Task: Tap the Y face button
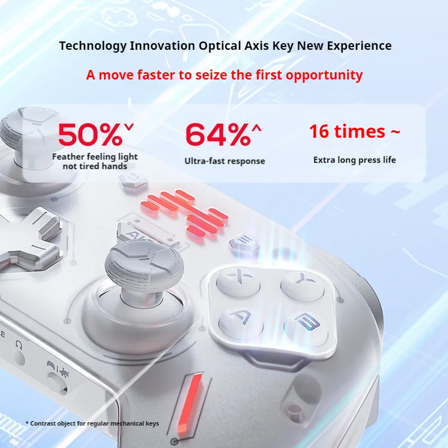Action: pyautogui.click(x=302, y=284)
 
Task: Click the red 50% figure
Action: pyautogui.click(x=96, y=134)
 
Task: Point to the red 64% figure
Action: pyautogui.click(x=223, y=134)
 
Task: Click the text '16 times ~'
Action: pyautogui.click(x=354, y=132)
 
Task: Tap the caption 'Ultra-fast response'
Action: pyautogui.click(x=225, y=161)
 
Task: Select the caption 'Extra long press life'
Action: pyautogui.click(x=354, y=160)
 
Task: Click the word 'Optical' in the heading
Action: pyautogui.click(x=220, y=46)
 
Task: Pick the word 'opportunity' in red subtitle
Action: pyautogui.click(x=324, y=76)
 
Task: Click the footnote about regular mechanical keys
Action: pyautogui.click(x=92, y=423)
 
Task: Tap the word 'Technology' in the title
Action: pyautogui.click(x=92, y=46)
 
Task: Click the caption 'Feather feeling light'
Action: pyautogui.click(x=95, y=157)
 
